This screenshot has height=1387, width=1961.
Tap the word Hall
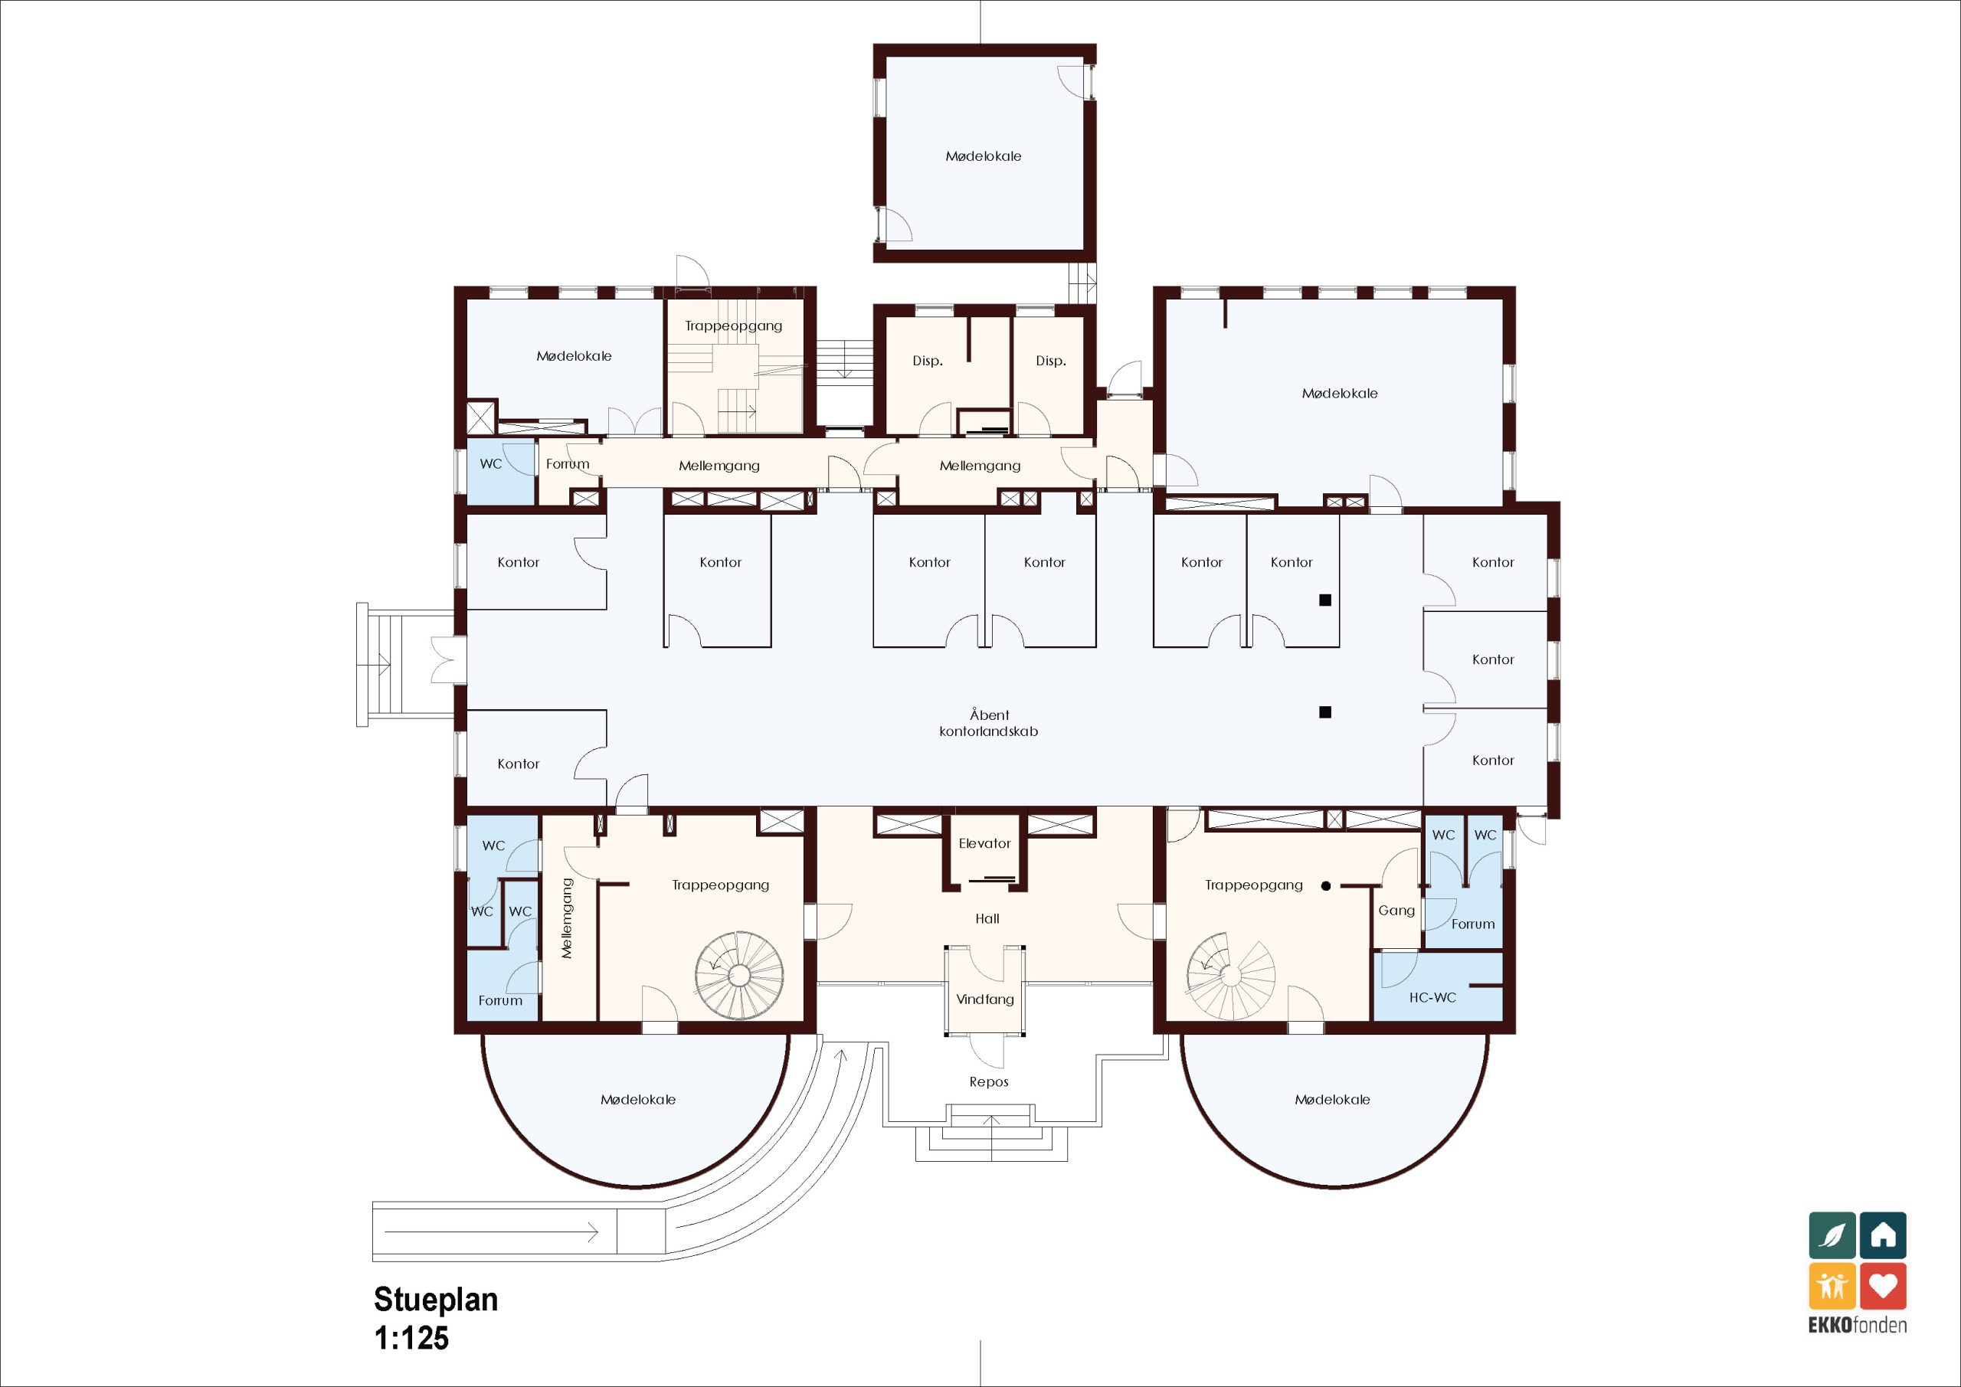click(x=987, y=918)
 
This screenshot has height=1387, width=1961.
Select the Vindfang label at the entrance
click(x=985, y=999)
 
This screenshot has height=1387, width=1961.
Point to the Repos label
click(x=989, y=1082)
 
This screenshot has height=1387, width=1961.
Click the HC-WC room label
click(x=1432, y=996)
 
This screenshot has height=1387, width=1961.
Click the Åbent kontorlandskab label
click(x=989, y=722)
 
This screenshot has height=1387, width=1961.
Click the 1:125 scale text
click(x=411, y=1337)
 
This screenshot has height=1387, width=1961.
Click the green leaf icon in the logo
click(x=1832, y=1235)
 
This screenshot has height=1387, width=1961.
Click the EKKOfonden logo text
click(x=1858, y=1325)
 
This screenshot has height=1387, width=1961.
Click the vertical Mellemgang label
click(x=566, y=918)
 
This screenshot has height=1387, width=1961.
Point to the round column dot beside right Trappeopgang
click(x=1325, y=885)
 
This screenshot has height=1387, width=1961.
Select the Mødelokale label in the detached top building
click(x=983, y=156)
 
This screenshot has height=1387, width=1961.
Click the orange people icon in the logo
click(x=1832, y=1285)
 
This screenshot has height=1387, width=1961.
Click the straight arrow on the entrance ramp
click(x=491, y=1232)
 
